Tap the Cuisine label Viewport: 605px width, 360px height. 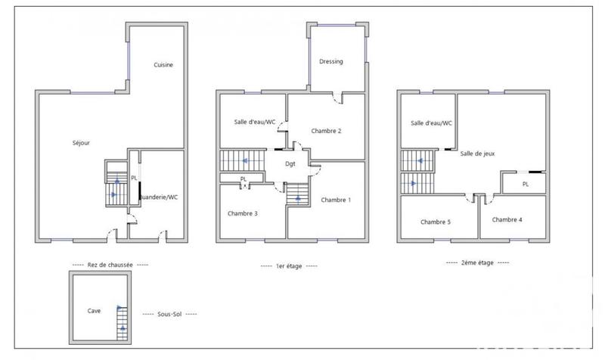pyautogui.click(x=163, y=65)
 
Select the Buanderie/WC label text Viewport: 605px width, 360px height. pyautogui.click(x=158, y=197)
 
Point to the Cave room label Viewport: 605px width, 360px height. pyautogui.click(x=94, y=310)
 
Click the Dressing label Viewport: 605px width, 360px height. pyautogui.click(x=332, y=62)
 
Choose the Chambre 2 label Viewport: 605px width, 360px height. pyautogui.click(x=327, y=131)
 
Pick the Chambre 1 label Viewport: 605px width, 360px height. pyautogui.click(x=336, y=200)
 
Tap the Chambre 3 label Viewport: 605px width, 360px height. pyautogui.click(x=243, y=213)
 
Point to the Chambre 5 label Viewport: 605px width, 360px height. pyautogui.click(x=436, y=222)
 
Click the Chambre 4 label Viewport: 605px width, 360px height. pyautogui.click(x=507, y=219)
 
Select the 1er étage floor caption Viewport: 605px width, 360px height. pyautogui.click(x=289, y=265)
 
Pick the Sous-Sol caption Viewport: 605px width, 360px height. pyautogui.click(x=159, y=313)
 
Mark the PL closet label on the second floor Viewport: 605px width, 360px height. pyautogui.click(x=525, y=184)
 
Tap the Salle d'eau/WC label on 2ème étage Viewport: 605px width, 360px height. pyautogui.click(x=431, y=123)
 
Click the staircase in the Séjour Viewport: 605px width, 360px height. pyautogui.click(x=116, y=185)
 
